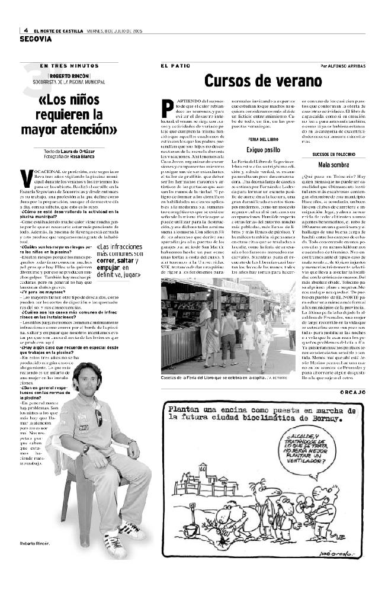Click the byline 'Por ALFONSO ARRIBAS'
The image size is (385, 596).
point(343,66)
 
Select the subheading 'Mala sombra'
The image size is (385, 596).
point(332,164)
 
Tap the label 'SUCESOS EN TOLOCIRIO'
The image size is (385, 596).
point(333,154)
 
